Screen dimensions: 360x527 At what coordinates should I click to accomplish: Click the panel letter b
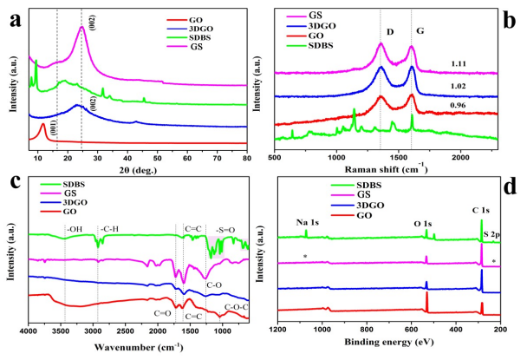(513, 12)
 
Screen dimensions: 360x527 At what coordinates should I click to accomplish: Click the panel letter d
(512, 186)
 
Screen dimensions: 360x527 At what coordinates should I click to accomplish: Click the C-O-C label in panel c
(235, 305)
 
